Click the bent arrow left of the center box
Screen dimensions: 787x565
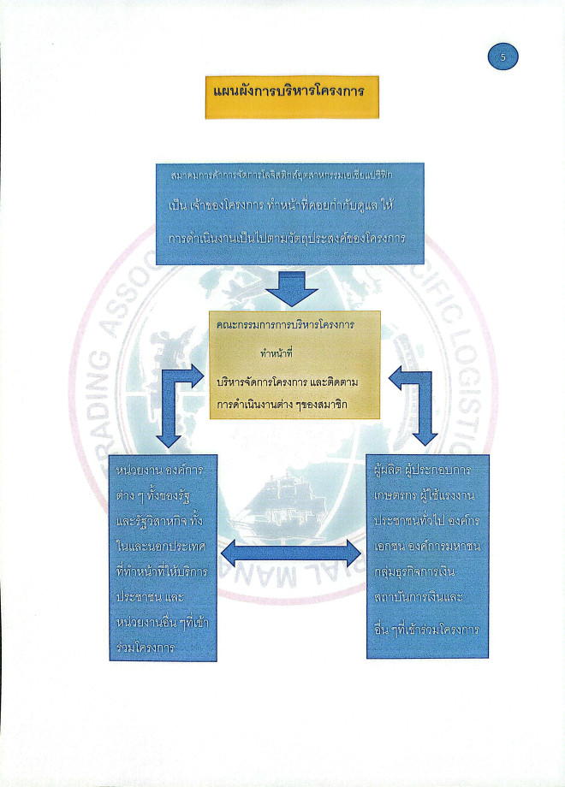[x=176, y=402]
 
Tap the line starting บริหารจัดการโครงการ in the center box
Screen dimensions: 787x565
[x=292, y=382]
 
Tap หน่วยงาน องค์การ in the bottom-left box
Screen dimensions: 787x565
[x=164, y=471]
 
